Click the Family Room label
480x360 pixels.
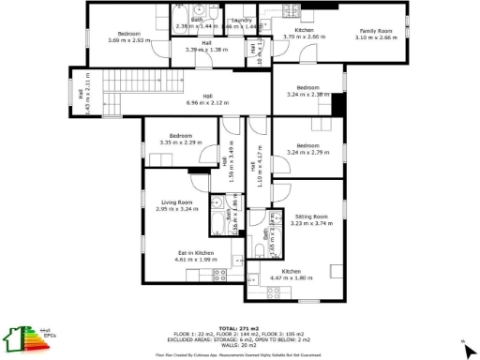(376, 30)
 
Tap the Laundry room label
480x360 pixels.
(241, 20)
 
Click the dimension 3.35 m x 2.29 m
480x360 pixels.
(181, 142)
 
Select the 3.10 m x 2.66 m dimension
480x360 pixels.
(376, 37)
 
